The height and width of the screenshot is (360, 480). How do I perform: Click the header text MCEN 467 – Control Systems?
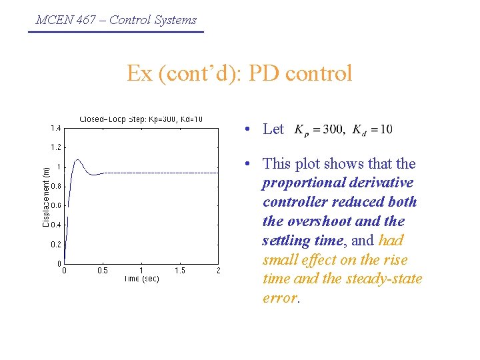pyautogui.click(x=116, y=20)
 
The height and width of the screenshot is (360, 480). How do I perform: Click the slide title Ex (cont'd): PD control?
pyautogui.click(x=239, y=73)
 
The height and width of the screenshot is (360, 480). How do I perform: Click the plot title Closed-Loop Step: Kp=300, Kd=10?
pyautogui.click(x=141, y=120)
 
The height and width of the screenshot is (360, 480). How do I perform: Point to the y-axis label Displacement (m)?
pyautogui.click(x=45, y=197)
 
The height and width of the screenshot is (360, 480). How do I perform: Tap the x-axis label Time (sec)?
pyautogui.click(x=141, y=279)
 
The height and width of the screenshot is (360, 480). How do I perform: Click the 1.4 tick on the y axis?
pyautogui.click(x=55, y=128)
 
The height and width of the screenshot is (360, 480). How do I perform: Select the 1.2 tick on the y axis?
pyautogui.click(x=55, y=147)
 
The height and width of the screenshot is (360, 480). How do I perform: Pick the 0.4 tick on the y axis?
pyautogui.click(x=55, y=225)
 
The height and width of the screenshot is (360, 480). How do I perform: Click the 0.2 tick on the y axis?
pyautogui.click(x=55, y=245)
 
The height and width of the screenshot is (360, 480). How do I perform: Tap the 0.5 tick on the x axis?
pyautogui.click(x=103, y=271)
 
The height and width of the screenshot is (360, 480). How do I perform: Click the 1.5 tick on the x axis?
pyautogui.click(x=180, y=271)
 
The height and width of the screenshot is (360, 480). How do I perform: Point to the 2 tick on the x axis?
pyautogui.click(x=218, y=271)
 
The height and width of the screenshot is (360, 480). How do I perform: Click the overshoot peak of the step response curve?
pyautogui.click(x=78, y=160)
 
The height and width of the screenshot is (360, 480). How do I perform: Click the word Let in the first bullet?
pyautogui.click(x=273, y=129)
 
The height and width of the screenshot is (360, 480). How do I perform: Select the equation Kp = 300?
pyautogui.click(x=319, y=129)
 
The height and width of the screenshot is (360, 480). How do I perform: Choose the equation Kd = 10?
pyautogui.click(x=372, y=129)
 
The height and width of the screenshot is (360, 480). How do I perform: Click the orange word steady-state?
pyautogui.click(x=384, y=279)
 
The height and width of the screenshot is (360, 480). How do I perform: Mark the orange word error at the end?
pyautogui.click(x=280, y=298)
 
